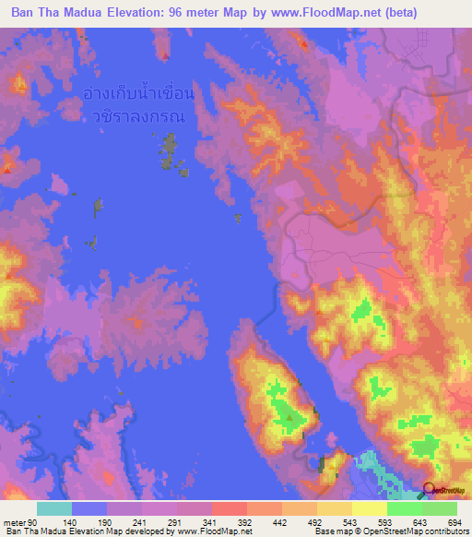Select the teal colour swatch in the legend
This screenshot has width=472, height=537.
coord(53,508)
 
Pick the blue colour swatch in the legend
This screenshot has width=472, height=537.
coord(88,508)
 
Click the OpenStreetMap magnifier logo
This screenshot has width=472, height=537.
coord(430,491)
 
